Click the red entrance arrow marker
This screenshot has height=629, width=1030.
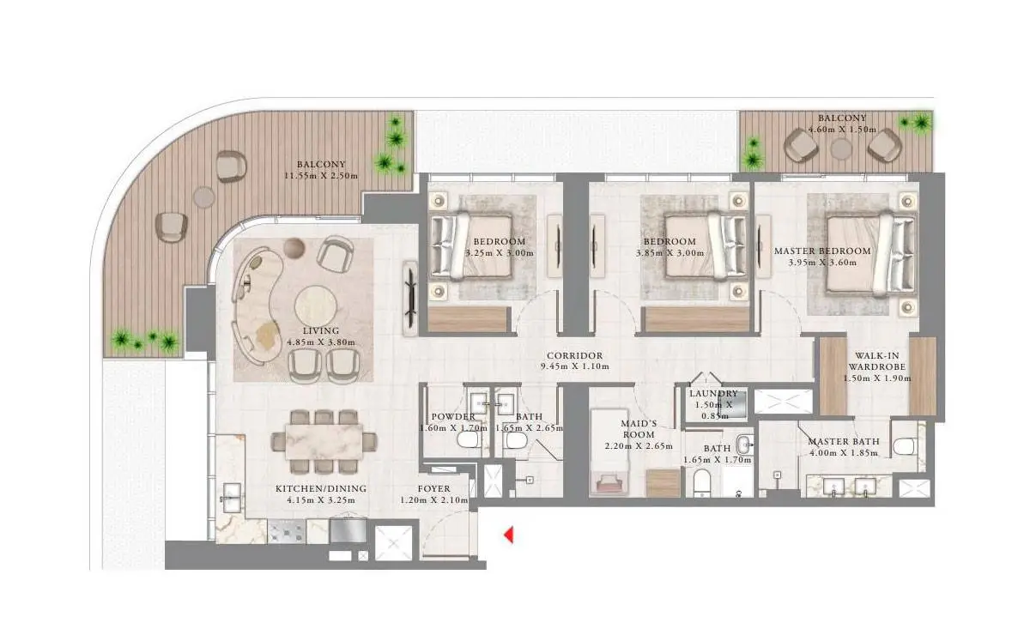tap(508, 535)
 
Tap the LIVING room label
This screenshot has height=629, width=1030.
tap(321, 330)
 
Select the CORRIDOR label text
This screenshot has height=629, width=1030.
tap(575, 355)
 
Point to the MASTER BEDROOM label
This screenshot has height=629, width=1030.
tap(822, 251)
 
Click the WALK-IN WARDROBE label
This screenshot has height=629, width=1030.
tap(877, 361)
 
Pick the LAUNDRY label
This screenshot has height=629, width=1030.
tap(713, 394)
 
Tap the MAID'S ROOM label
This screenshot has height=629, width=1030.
tap(639, 429)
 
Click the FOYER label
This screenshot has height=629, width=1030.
tap(434, 489)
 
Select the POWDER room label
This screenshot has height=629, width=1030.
tap(453, 416)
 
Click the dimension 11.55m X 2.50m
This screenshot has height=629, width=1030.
tap(321, 176)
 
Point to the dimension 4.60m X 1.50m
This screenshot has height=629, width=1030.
tap(842, 130)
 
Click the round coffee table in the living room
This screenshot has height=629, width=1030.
tap(316, 305)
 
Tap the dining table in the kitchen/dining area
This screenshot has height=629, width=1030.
tap(324, 441)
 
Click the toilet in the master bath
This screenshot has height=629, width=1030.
tap(905, 445)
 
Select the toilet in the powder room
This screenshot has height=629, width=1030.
tap(469, 440)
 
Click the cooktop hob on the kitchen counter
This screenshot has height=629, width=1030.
tap(287, 531)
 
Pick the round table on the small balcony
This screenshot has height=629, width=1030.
tap(841, 149)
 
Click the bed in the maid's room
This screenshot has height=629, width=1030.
tap(609, 452)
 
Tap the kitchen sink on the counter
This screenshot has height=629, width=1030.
tap(231, 497)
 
